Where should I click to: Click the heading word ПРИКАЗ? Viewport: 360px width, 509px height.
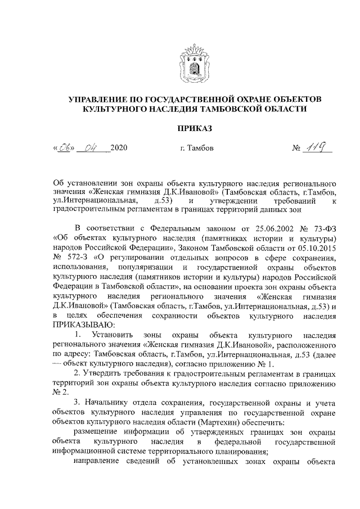tap(195, 129)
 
